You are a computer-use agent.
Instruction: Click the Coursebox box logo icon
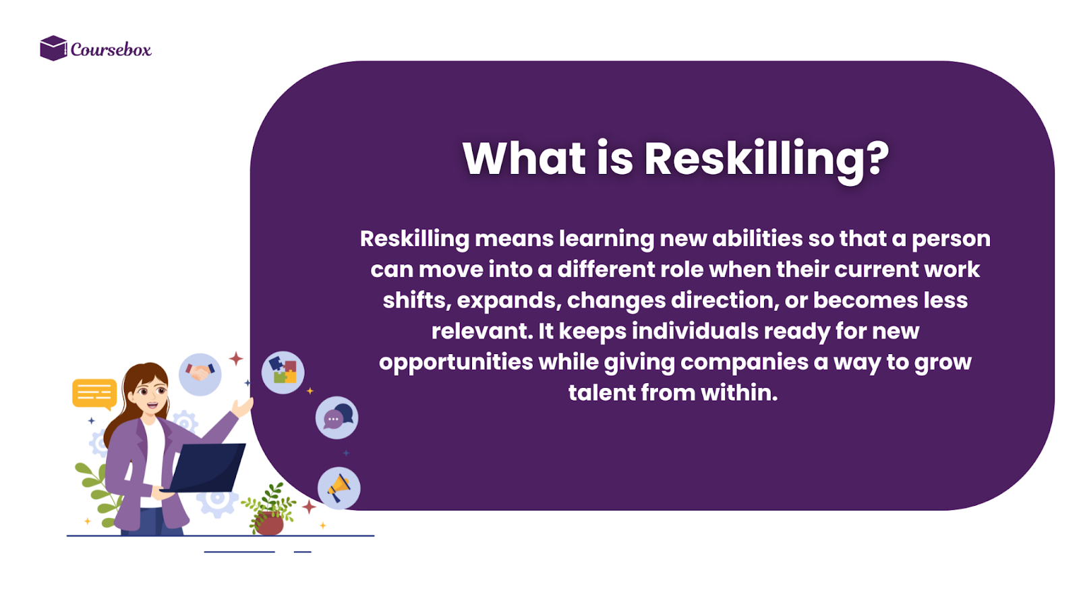pos(53,49)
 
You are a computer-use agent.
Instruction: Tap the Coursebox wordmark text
pos(111,50)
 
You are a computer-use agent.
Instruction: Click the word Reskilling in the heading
pos(754,160)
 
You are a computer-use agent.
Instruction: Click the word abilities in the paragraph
pos(757,239)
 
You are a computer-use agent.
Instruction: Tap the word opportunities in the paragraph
pos(456,362)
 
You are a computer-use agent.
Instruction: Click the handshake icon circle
pos(200,374)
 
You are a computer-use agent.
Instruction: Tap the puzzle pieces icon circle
pos(283,372)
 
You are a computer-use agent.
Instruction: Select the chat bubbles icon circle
pos(337,418)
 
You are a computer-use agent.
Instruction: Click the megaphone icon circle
pos(339,488)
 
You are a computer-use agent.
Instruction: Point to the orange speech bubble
pos(94,393)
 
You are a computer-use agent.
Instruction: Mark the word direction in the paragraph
pos(725,301)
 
